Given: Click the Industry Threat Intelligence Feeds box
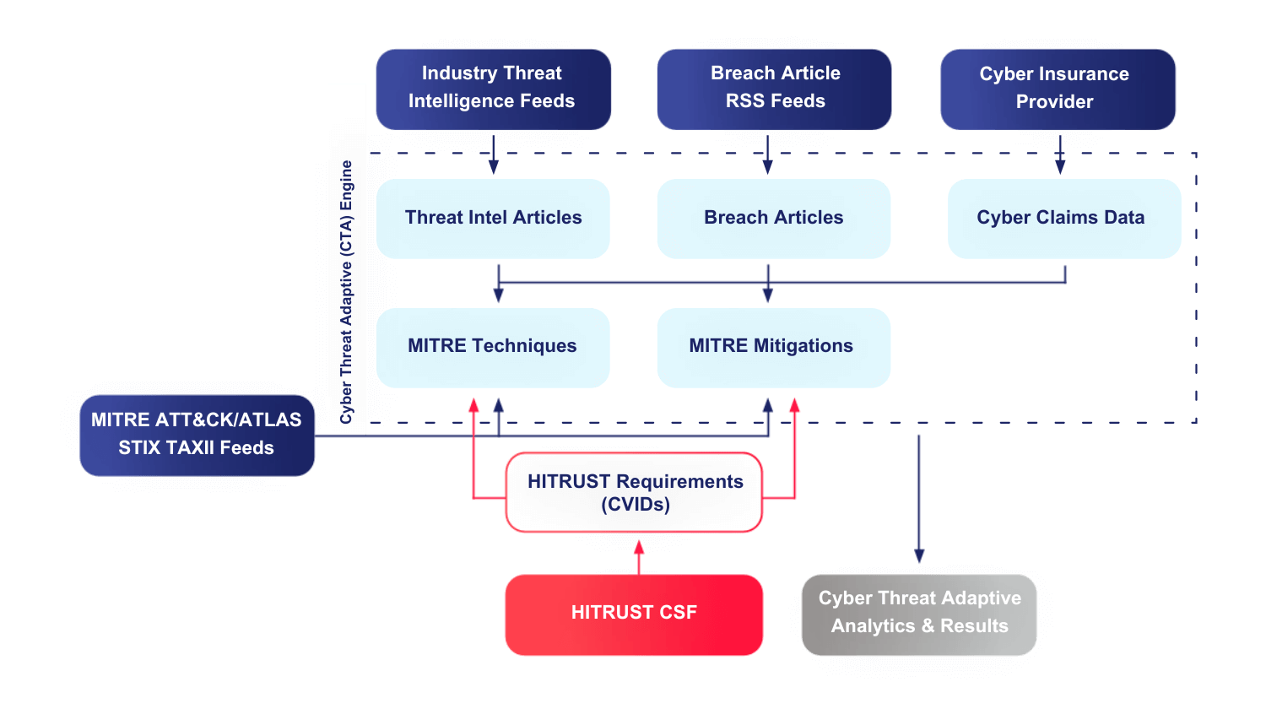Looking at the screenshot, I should (493, 89).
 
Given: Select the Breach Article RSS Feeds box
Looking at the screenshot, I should (774, 89).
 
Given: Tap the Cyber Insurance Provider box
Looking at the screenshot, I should (1057, 89).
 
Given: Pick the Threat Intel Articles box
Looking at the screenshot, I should (493, 218).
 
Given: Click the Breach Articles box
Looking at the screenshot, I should (774, 218).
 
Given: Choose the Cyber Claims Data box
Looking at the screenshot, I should (1063, 218).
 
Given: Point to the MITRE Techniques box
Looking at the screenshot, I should (493, 347).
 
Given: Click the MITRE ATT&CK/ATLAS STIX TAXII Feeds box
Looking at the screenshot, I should (197, 434).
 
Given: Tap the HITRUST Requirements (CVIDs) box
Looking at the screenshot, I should (634, 492).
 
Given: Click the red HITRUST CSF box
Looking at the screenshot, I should (634, 614).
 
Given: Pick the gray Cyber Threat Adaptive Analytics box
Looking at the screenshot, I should (919, 614).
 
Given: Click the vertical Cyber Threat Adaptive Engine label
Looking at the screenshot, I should (347, 291).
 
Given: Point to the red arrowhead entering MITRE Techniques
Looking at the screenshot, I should (474, 403).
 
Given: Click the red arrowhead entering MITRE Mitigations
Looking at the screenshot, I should (794, 403).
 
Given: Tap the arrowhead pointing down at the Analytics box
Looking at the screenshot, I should (919, 556).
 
